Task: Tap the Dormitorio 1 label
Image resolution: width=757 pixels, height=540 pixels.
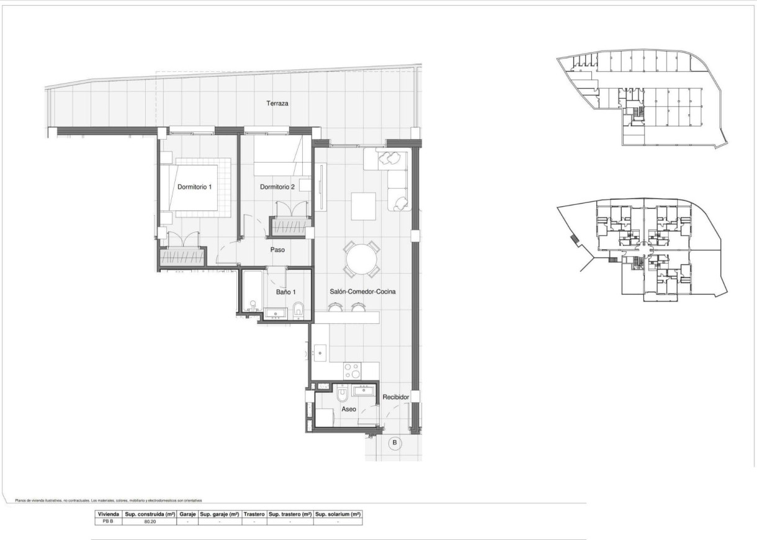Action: (195, 187)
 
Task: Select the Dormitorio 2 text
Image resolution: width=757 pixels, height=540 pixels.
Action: (277, 187)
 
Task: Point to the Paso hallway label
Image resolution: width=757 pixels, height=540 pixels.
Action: (277, 250)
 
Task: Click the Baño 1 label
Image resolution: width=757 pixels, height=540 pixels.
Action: (285, 292)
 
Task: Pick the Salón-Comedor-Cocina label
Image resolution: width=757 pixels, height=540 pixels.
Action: (363, 291)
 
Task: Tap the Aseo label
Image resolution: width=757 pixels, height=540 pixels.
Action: (349, 410)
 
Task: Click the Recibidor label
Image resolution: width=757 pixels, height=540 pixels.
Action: (396, 396)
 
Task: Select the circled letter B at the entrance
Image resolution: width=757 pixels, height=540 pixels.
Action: (394, 443)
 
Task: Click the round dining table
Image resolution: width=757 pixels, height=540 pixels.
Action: (362, 259)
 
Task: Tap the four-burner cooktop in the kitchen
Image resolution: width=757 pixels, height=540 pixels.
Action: (352, 371)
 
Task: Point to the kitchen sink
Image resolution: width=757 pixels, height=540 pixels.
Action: (320, 353)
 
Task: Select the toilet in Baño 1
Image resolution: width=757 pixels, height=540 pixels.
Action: (298, 308)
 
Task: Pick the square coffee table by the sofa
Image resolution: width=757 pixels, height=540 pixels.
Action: (363, 206)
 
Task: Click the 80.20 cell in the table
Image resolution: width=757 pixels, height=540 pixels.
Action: (150, 522)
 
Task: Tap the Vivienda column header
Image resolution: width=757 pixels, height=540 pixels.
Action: (108, 514)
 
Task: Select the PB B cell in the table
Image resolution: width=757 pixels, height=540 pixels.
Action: (108, 522)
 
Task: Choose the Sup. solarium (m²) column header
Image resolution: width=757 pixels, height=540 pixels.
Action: (338, 514)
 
